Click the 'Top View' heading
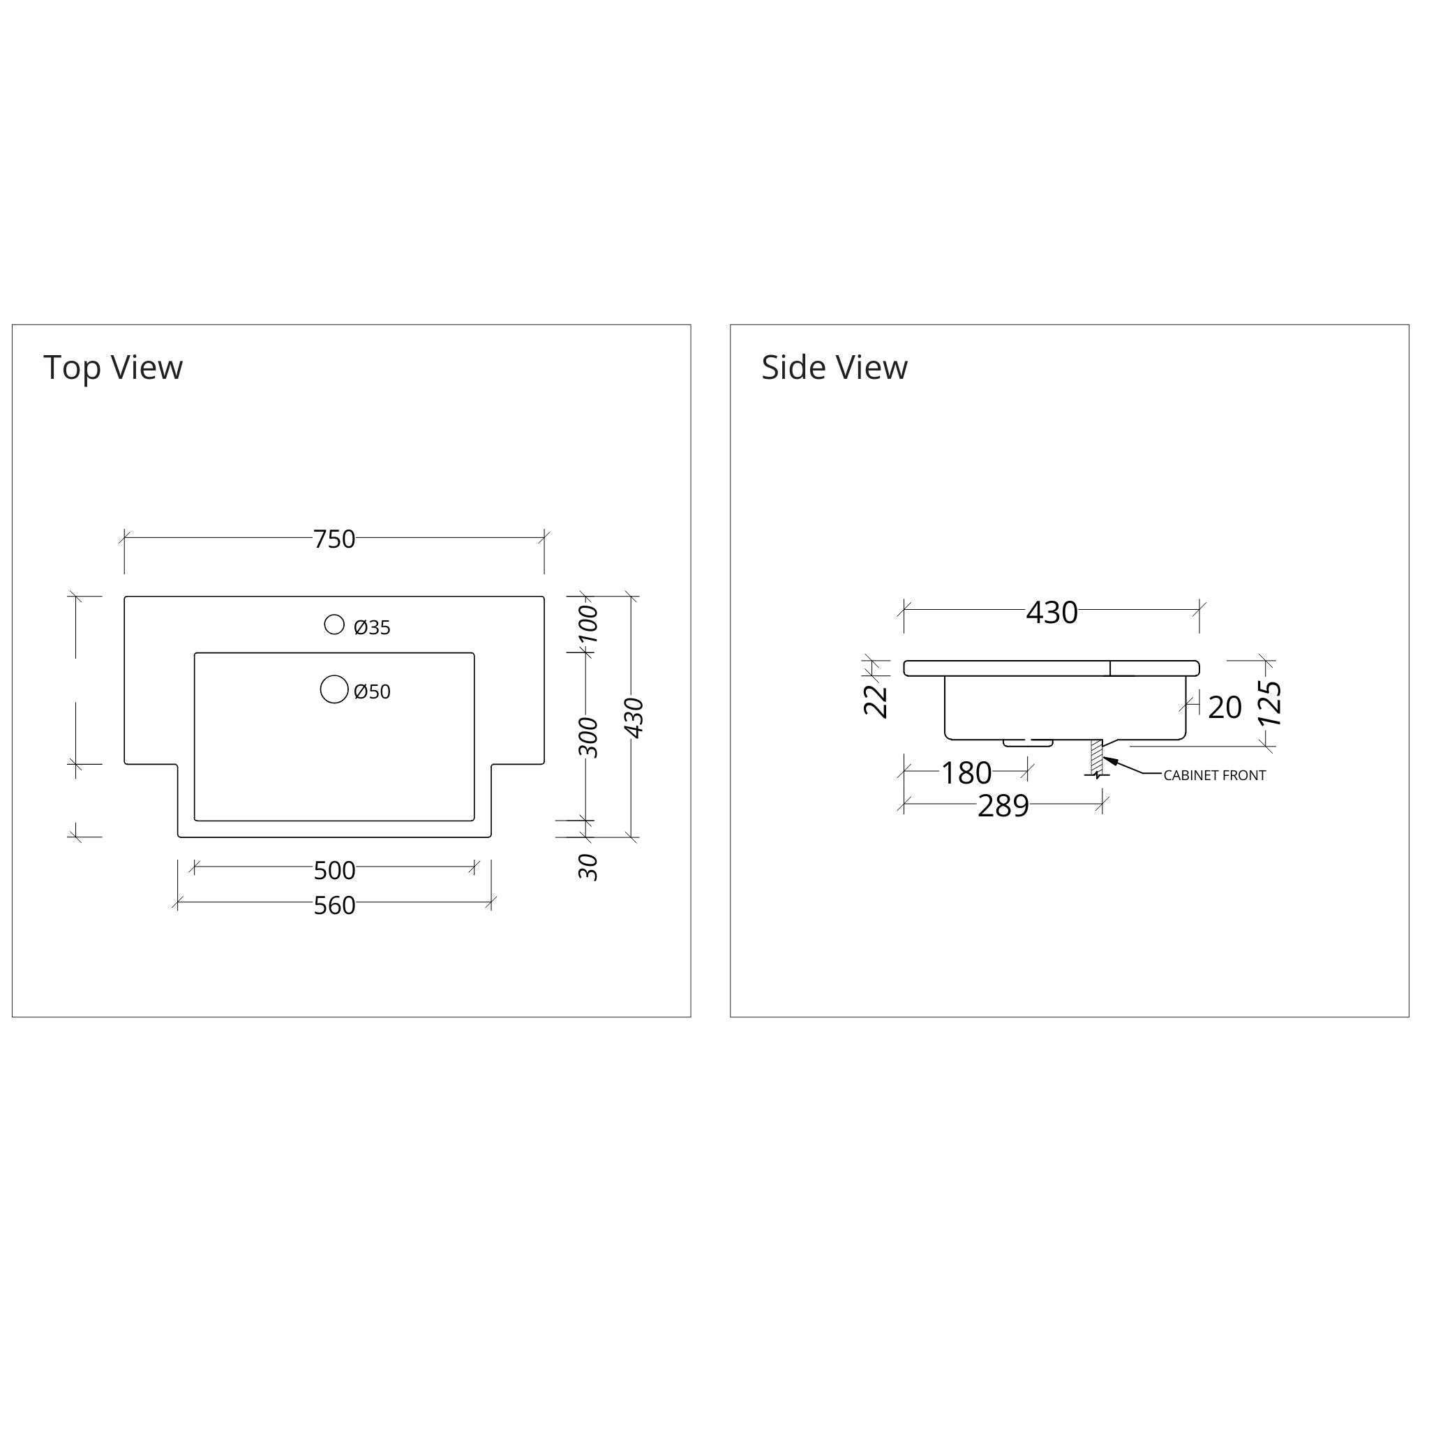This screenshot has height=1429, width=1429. [x=113, y=368]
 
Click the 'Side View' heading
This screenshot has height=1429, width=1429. [x=835, y=368]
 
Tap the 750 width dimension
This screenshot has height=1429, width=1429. [x=334, y=540]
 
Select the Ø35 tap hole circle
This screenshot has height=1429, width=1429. [x=334, y=625]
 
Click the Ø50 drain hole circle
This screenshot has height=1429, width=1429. [x=334, y=689]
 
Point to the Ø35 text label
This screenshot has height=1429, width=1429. [x=372, y=628]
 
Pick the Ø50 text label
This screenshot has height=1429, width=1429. [x=372, y=692]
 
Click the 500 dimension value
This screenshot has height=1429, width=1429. [x=334, y=871]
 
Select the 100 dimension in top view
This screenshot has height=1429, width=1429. [x=589, y=624]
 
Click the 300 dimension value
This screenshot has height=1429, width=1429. [x=589, y=738]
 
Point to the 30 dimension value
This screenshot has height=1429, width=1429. [x=589, y=867]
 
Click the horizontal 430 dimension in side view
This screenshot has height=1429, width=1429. [x=1052, y=613]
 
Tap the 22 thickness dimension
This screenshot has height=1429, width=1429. [x=876, y=701]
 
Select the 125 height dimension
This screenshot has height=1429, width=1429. [x=1270, y=703]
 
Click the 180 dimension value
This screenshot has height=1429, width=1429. [x=966, y=774]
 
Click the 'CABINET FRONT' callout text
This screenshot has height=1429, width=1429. [x=1215, y=776]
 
